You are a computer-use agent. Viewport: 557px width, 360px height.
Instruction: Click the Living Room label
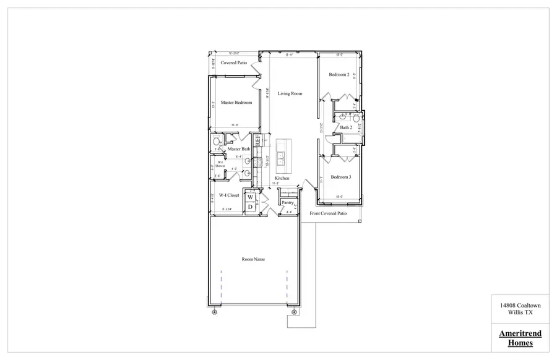(x=290, y=93)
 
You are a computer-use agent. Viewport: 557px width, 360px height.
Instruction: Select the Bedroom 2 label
(x=339, y=75)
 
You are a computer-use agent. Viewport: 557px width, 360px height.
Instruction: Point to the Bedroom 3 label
(x=340, y=178)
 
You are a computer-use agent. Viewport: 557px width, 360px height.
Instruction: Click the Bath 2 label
(x=346, y=128)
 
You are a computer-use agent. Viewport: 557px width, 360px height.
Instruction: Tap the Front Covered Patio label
(x=329, y=213)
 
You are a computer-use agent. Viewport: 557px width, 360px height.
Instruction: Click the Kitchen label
(x=282, y=179)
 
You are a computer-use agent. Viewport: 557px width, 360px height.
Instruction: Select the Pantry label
(x=287, y=202)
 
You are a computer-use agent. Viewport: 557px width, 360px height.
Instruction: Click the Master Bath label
(x=238, y=149)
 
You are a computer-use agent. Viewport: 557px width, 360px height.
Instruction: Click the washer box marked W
(x=251, y=197)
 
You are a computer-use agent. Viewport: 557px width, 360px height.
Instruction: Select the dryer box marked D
(x=251, y=207)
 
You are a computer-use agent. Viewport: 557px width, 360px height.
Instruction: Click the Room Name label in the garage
(x=253, y=259)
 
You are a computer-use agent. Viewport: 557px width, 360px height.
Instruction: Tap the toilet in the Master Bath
(x=216, y=141)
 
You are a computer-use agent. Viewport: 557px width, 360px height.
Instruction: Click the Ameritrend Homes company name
(x=520, y=338)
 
